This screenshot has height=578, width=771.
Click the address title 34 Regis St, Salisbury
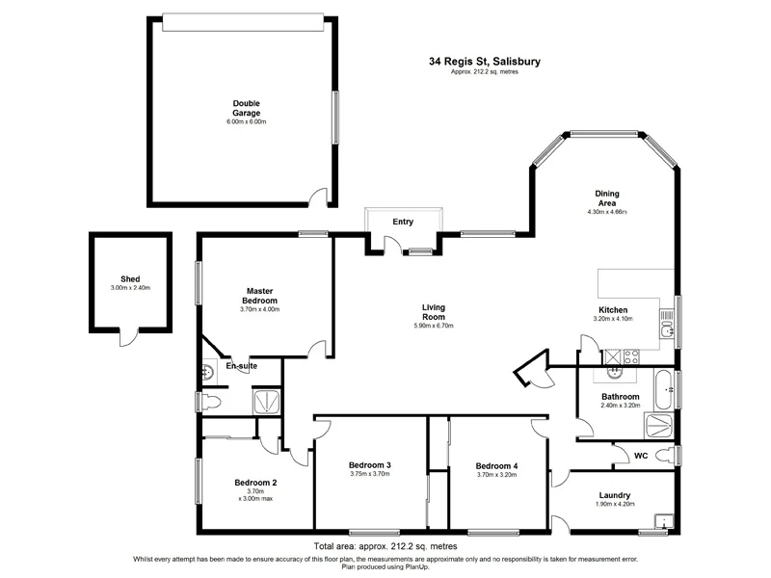click(485, 61)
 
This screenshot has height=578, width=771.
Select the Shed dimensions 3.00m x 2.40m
click(130, 288)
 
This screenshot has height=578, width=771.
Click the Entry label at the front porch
click(403, 222)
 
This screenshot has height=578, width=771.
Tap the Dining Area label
click(607, 197)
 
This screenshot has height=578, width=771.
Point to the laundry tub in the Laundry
click(662, 522)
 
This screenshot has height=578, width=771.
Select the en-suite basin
click(208, 373)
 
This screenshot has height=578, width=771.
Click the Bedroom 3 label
click(369, 465)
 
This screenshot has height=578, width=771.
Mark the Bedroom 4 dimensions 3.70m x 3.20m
click(497, 474)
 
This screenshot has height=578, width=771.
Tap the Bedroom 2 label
click(255, 483)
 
